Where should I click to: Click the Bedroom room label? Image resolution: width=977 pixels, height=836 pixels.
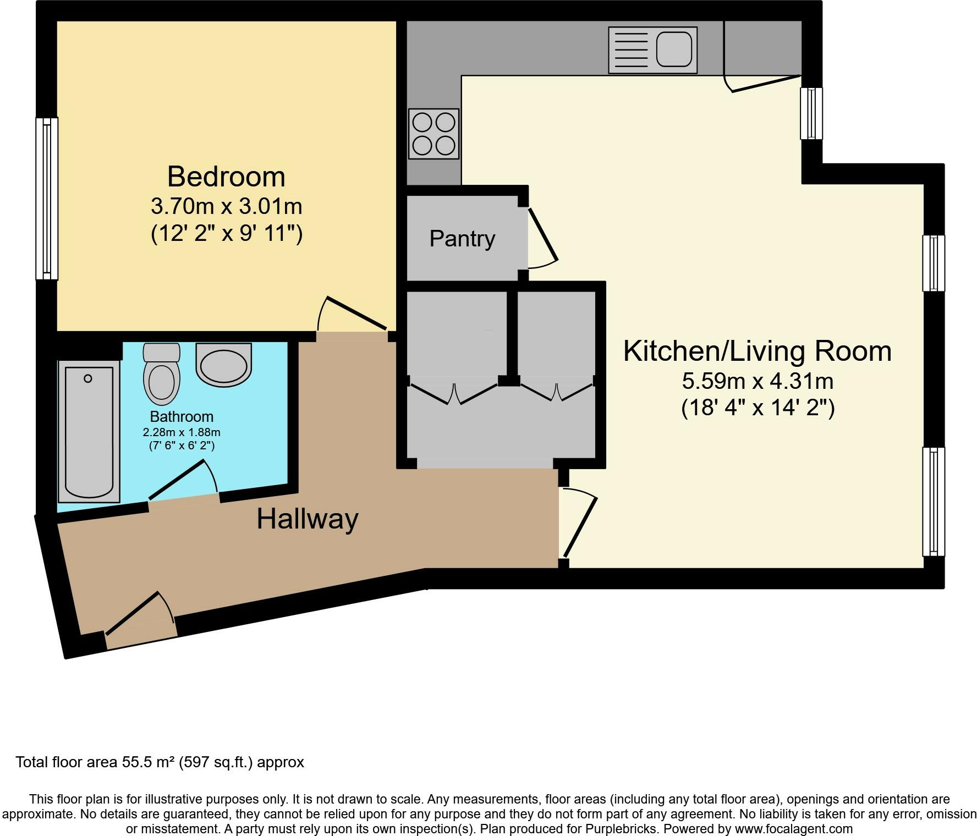[x=226, y=177]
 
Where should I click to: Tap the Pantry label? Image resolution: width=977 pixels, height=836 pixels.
[x=462, y=239]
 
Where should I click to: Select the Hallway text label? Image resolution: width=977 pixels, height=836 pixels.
[x=308, y=519]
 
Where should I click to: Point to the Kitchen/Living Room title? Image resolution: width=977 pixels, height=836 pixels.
[x=757, y=351]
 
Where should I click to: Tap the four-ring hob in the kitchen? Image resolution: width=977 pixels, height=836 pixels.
[x=433, y=134]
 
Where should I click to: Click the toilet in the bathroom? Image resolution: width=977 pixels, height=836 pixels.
[x=162, y=374]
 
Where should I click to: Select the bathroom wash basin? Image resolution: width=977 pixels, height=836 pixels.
[x=224, y=364]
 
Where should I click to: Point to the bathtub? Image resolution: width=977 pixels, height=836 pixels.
[x=89, y=431]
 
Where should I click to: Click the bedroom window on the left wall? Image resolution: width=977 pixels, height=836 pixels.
[x=47, y=199]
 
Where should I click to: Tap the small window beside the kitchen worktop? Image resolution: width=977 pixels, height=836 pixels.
[x=811, y=113]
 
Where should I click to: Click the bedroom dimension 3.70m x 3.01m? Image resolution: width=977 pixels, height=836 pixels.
[x=227, y=207]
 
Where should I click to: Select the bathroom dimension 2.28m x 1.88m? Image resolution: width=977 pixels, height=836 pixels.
[x=182, y=432]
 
